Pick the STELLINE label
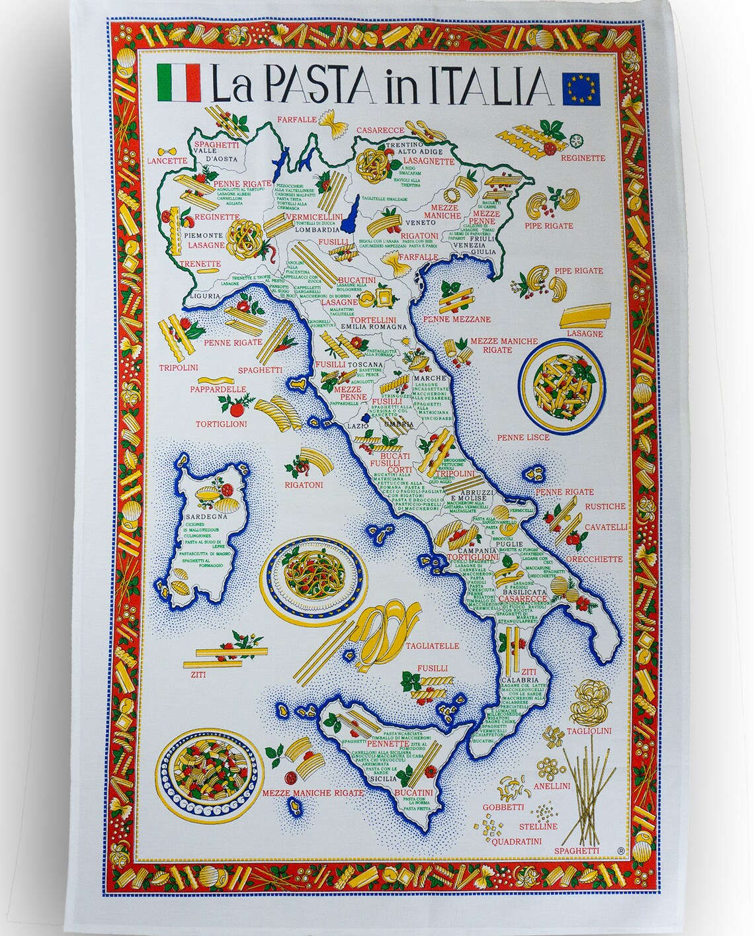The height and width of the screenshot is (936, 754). point(538,826)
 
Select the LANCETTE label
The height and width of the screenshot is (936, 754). point(168,161)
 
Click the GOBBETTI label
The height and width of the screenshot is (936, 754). point(503,807)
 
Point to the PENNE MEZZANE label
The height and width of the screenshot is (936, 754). point(463,319)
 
